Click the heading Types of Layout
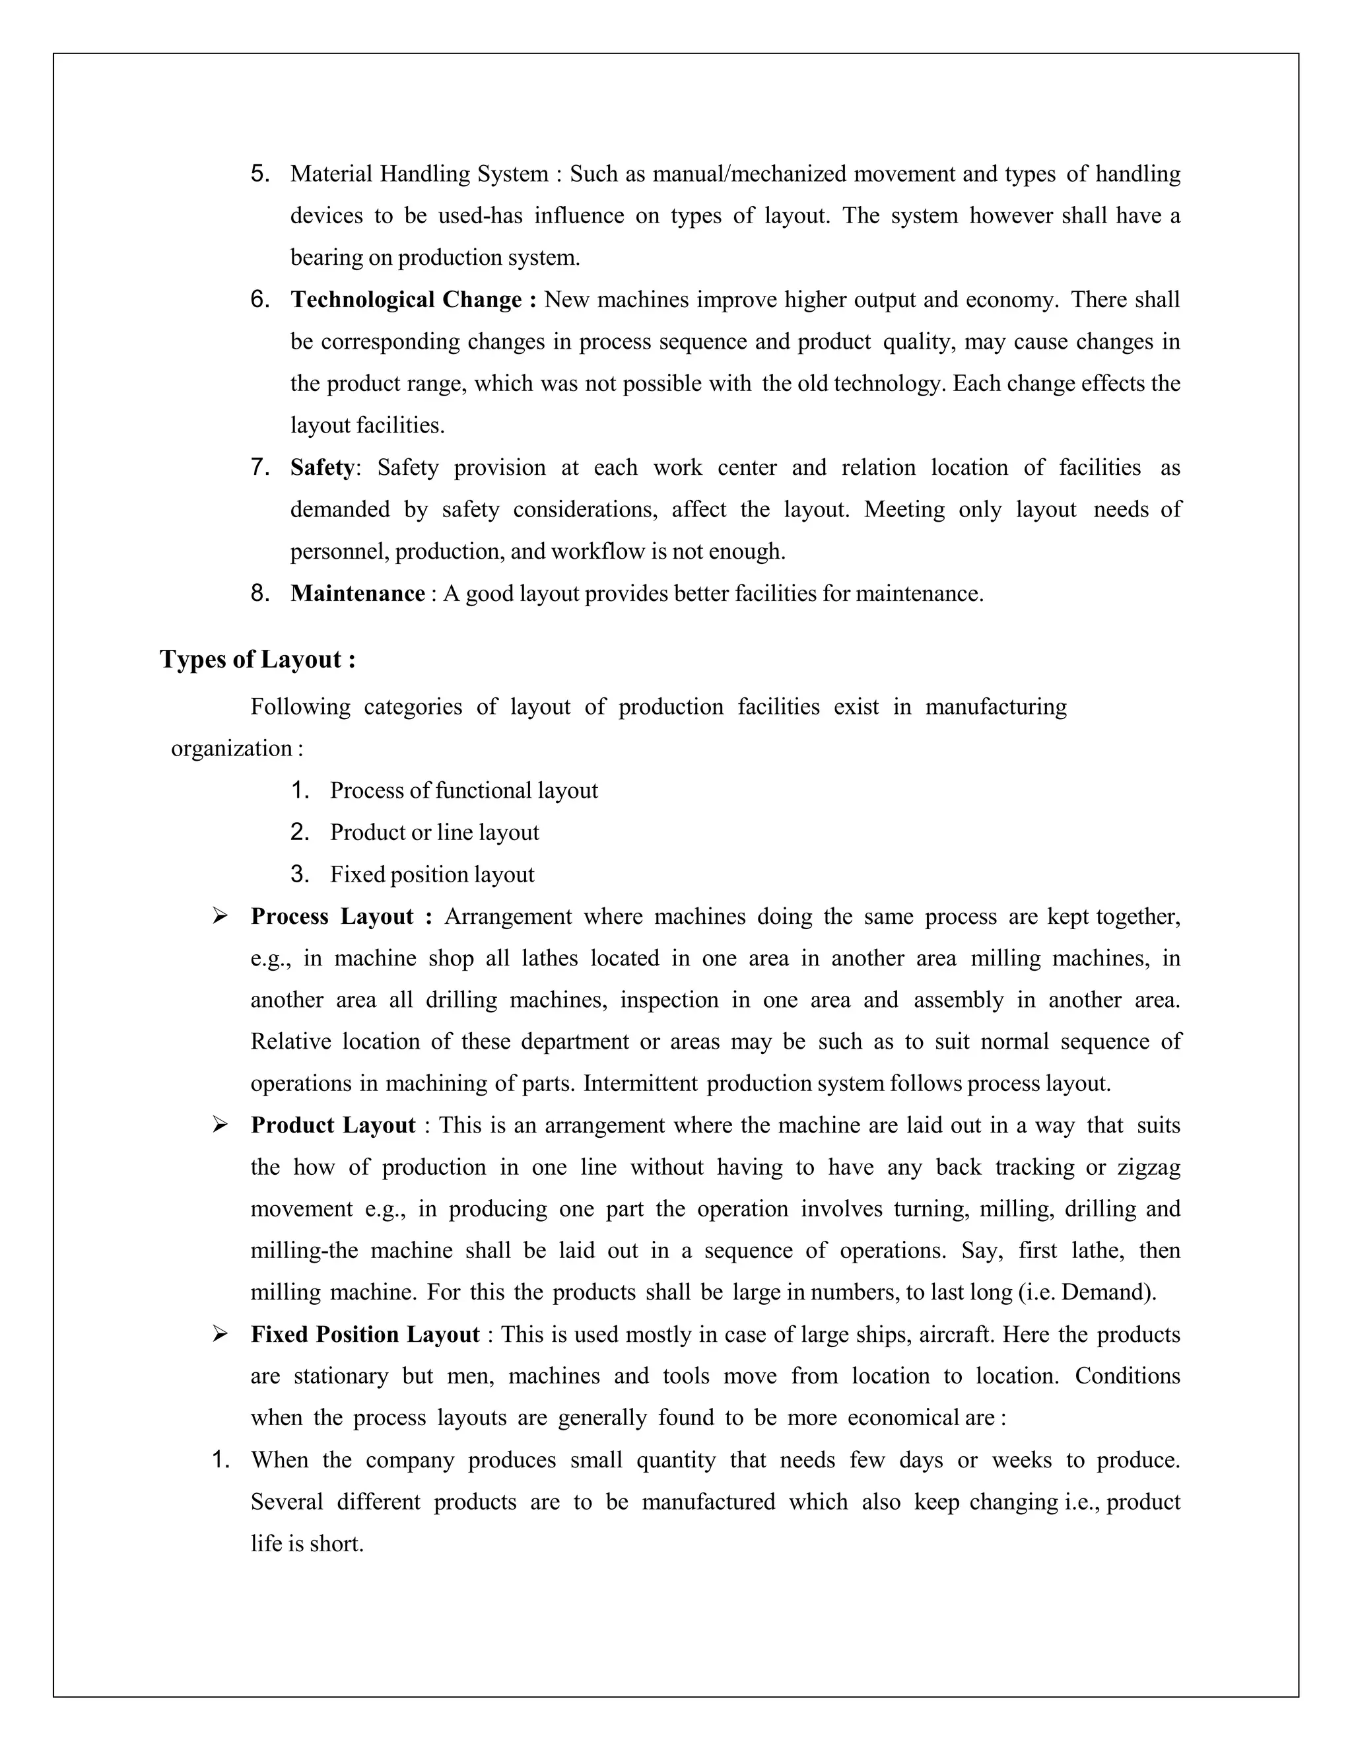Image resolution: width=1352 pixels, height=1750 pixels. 258,660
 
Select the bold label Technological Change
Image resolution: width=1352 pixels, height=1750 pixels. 413,300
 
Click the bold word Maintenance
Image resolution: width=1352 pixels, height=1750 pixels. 357,593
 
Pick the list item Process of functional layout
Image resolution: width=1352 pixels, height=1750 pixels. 463,791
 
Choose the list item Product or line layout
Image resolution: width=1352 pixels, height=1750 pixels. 434,833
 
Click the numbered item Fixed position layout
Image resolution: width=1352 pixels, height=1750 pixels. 432,874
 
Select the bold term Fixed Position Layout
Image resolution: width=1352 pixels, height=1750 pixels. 365,1334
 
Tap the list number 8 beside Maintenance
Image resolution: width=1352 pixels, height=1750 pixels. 259,593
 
